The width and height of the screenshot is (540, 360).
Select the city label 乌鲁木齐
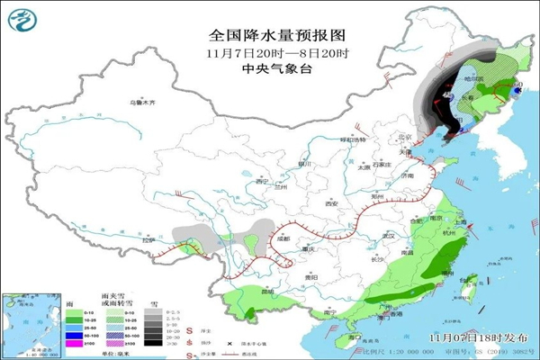[143, 103]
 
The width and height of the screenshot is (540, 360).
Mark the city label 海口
[355, 335]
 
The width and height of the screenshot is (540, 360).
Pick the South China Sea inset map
[28, 322]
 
